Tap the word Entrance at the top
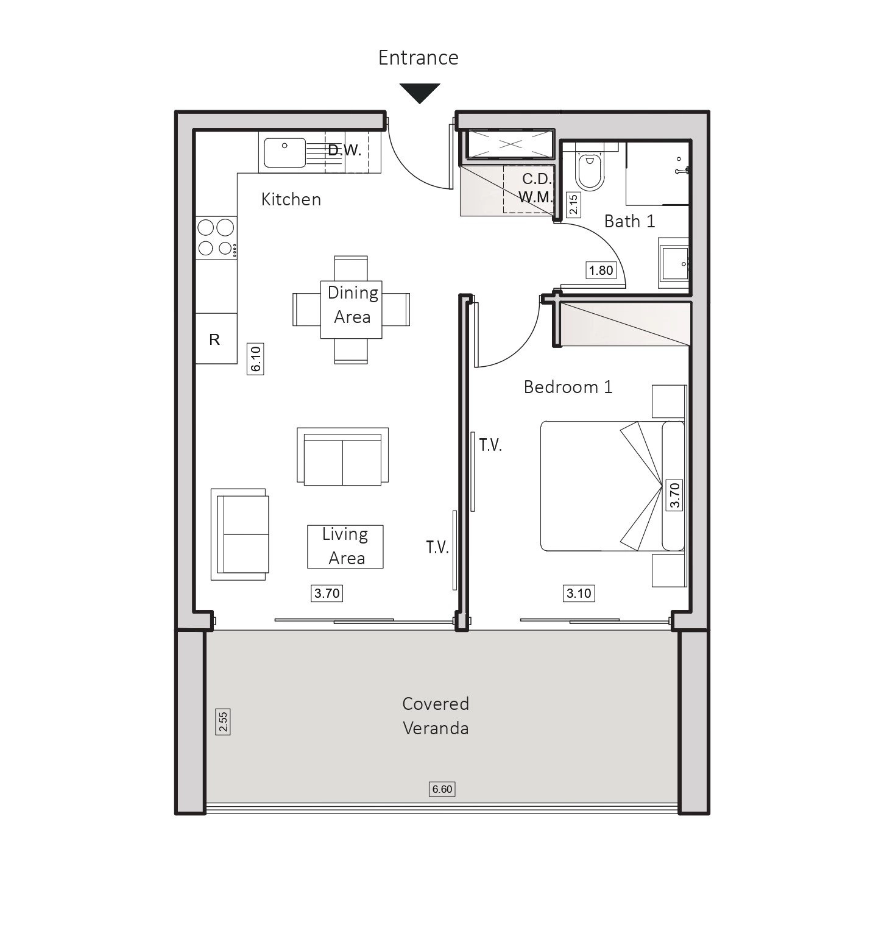pyautogui.click(x=419, y=57)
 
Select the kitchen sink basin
pyautogui.click(x=284, y=152)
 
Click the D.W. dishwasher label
pyautogui.click(x=345, y=151)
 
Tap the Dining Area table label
pyautogui.click(x=353, y=305)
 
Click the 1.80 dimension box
pyautogui.click(x=601, y=270)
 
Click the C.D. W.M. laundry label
pyautogui.click(x=536, y=188)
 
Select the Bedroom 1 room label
pyautogui.click(x=568, y=387)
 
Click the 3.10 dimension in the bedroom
pyautogui.click(x=579, y=593)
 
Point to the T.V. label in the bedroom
pyautogui.click(x=490, y=445)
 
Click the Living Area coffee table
pyautogui.click(x=345, y=547)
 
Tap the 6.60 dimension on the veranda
pyautogui.click(x=442, y=789)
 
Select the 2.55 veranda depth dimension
pyautogui.click(x=224, y=721)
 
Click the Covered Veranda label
pyautogui.click(x=436, y=716)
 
